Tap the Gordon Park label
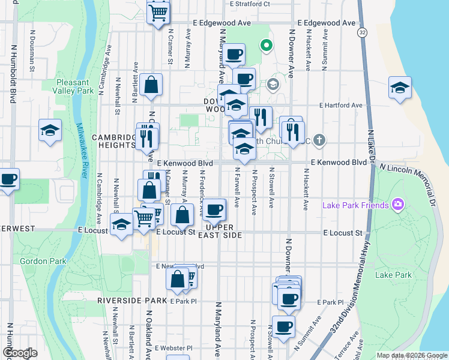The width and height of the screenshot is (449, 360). click(x=38, y=261)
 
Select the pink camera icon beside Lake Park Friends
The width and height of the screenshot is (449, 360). click(x=397, y=205)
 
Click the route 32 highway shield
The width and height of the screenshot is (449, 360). click(x=361, y=31)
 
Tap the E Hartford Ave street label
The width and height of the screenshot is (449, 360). click(x=341, y=105)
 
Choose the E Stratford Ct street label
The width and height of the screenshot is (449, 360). click(x=250, y=4)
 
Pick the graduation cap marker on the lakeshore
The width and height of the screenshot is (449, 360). click(x=399, y=88)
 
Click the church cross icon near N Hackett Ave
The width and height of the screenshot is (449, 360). click(x=319, y=141)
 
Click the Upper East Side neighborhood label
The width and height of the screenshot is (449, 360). click(x=224, y=231)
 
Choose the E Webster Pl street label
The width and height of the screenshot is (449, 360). click(x=173, y=348)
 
